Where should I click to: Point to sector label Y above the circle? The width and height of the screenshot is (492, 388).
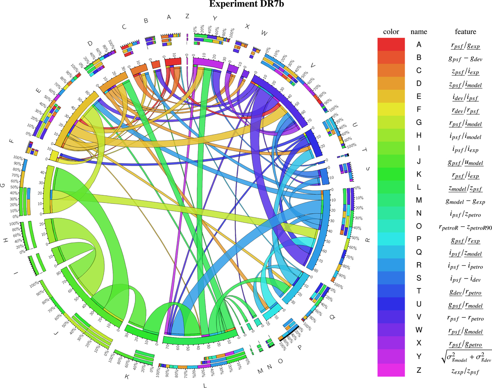[214, 19]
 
